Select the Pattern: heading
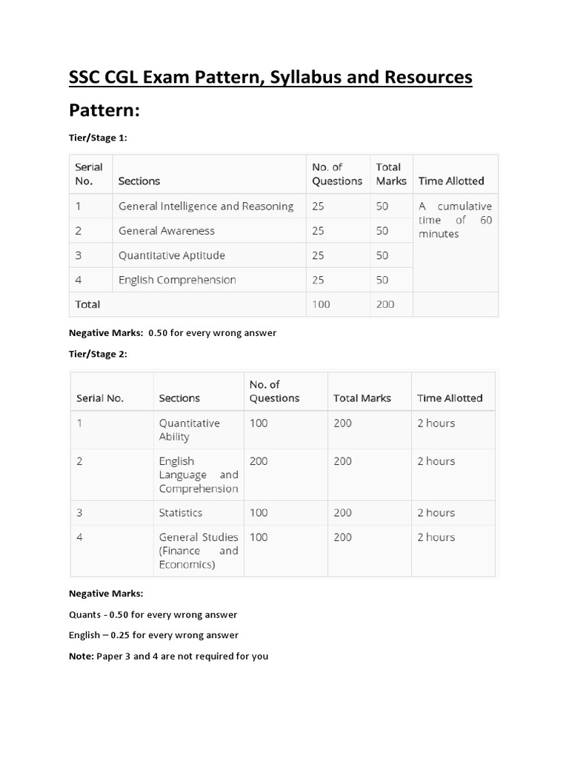pos(104,111)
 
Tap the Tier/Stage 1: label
pos(98,138)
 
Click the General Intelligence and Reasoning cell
pos(206,207)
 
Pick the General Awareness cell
pos(167,231)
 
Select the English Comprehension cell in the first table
pos(177,280)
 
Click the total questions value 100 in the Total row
pos(322,304)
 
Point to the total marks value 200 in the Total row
pos(385,304)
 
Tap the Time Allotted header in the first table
pos(451,181)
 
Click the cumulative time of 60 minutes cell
pos(455,220)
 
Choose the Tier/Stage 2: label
pos(98,354)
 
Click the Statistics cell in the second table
pos(180,512)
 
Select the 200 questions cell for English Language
pos(259,461)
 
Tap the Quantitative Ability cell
pos(189,430)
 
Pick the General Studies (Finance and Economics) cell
pos(198,551)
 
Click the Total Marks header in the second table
pos(362,398)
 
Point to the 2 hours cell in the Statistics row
pos(436,512)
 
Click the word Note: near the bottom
pos(81,656)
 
